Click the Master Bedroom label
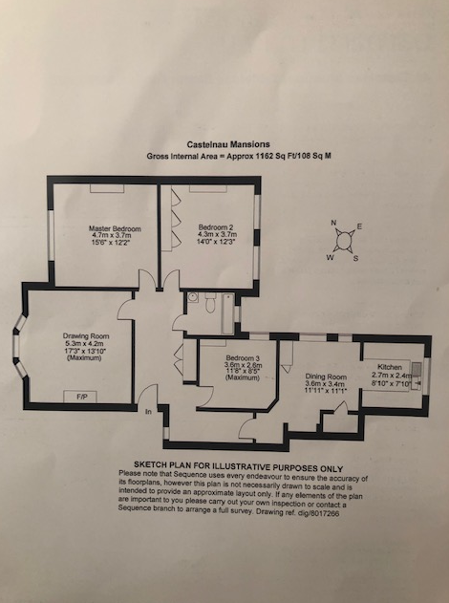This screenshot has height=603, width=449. [x=115, y=228]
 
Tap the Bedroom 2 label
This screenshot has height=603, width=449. [x=216, y=227]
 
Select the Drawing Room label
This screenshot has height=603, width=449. [x=86, y=336]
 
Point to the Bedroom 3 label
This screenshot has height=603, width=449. [x=243, y=357]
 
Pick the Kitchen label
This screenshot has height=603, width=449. [x=390, y=367]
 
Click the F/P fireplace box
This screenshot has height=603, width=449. [x=80, y=397]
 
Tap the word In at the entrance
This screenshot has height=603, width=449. [x=148, y=412]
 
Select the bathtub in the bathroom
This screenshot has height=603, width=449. [x=227, y=313]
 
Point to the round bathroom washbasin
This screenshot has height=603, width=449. [x=193, y=297]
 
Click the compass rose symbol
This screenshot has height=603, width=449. [x=345, y=241]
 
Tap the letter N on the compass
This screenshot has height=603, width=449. [x=333, y=223]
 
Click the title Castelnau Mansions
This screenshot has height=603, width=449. [x=228, y=144]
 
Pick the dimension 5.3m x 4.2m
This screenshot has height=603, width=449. [x=85, y=343]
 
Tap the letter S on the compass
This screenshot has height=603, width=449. [x=355, y=258]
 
